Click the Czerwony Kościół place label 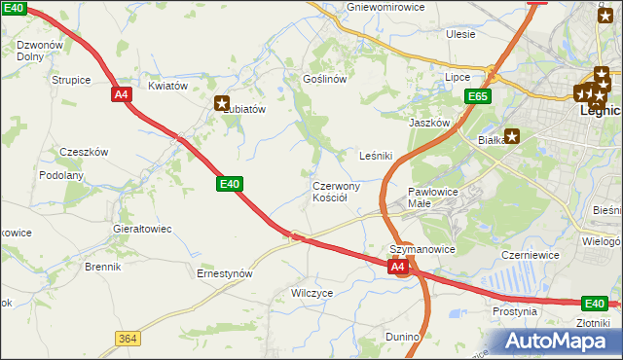(336, 191)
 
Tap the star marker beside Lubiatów (222, 102)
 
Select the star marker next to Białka (512, 136)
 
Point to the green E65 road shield (477, 96)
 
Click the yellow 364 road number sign (126, 338)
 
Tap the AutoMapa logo (560, 341)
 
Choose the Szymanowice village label (422, 249)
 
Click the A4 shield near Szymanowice (397, 266)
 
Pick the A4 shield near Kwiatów (121, 94)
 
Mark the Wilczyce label (312, 292)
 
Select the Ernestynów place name (225, 273)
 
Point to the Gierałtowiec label (142, 229)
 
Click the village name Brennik (102, 266)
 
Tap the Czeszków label (84, 152)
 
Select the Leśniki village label (376, 155)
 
